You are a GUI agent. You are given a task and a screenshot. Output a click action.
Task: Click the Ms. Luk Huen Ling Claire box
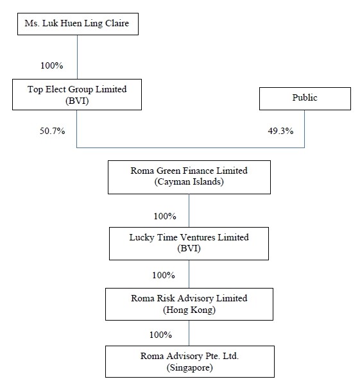click(x=78, y=24)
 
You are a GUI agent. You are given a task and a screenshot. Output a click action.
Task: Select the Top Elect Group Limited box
click(x=77, y=94)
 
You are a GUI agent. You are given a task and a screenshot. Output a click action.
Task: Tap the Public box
click(x=305, y=99)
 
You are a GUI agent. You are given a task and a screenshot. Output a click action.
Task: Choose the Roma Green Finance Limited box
click(x=189, y=177)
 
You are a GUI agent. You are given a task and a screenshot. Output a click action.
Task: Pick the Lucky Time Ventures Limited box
click(x=189, y=244)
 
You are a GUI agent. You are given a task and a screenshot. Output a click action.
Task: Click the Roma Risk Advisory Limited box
click(x=189, y=304)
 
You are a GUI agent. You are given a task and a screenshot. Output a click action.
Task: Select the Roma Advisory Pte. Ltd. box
click(x=190, y=362)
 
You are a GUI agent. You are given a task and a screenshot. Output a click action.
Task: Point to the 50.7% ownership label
click(x=52, y=131)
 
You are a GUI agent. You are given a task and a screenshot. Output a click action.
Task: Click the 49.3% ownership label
click(x=280, y=131)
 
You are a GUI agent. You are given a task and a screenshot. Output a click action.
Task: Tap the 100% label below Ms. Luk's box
click(x=52, y=66)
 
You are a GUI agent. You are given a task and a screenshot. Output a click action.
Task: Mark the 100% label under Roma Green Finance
click(x=165, y=216)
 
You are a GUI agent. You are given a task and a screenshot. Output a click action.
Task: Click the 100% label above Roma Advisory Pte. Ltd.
click(x=160, y=335)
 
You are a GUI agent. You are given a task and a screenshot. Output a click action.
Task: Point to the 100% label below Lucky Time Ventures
click(x=164, y=275)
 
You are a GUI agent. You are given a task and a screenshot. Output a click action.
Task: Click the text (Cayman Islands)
click(x=189, y=182)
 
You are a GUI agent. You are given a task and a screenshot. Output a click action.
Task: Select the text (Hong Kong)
click(x=189, y=310)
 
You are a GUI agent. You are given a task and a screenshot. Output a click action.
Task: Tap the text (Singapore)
click(x=189, y=367)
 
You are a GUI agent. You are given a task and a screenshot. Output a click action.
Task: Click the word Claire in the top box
click(x=117, y=23)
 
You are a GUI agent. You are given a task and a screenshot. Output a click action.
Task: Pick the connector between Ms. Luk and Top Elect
click(x=78, y=57)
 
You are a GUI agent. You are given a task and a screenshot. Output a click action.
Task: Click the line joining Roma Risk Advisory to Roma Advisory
click(x=189, y=333)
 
